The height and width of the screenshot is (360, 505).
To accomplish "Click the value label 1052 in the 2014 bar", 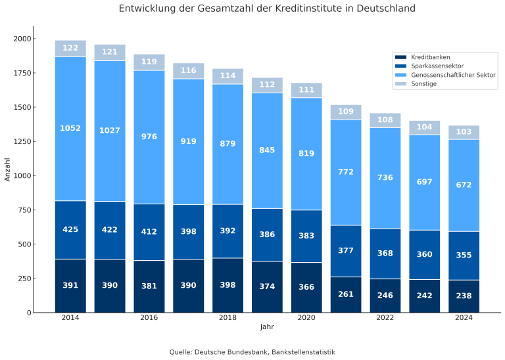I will pos(70,128).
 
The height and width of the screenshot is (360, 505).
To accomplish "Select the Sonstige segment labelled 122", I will pos(70,48).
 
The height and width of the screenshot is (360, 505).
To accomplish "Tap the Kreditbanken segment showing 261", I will pos(346,295).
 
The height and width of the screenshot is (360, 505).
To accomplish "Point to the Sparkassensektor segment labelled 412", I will pos(149,232).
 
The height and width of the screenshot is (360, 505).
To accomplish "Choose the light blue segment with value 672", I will pos(464,185).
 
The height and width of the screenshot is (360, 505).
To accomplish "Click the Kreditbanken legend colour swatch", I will pos(401,57).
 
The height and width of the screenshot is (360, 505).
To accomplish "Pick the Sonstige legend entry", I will pos(423,84).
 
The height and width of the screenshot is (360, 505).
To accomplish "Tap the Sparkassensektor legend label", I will pos(437,66).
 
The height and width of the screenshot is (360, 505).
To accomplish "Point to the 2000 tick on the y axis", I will pos(22,39).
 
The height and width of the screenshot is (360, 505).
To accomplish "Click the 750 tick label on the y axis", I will pos(24,210).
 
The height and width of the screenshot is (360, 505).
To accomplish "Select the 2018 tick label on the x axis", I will pos(228,318).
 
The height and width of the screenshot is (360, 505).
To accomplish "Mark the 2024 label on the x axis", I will pos(464,318).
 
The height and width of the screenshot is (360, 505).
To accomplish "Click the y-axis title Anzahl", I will pos(8,170).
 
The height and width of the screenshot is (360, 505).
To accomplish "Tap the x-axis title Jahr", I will pos(267,327).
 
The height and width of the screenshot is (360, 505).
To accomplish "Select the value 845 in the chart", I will pos(267,150).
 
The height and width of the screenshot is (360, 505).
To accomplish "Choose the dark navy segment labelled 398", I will pos(228,286).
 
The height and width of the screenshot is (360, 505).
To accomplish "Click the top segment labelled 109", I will pos(346,112).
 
